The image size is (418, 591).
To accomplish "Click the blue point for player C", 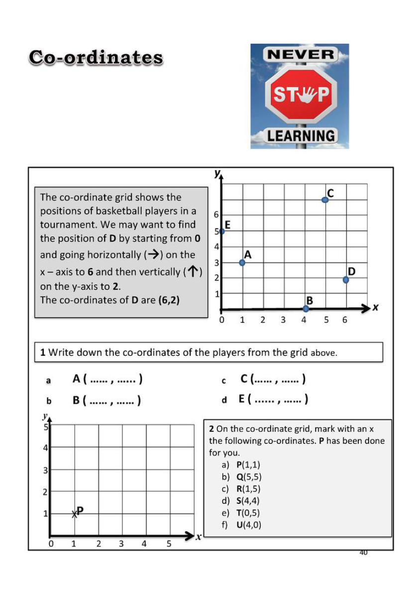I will (325, 199).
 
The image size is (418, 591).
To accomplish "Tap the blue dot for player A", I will (242, 263).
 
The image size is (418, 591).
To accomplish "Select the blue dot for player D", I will (346, 280).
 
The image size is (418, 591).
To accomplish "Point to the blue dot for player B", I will (306, 308).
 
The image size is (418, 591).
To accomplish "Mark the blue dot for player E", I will (222, 231).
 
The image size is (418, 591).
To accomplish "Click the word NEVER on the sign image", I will (300, 55).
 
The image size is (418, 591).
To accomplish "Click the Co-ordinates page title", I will (96, 58).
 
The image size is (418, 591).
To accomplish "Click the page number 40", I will (363, 552).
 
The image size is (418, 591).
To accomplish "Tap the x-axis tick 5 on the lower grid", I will (169, 544).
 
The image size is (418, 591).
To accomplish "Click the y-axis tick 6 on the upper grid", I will (216, 214).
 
